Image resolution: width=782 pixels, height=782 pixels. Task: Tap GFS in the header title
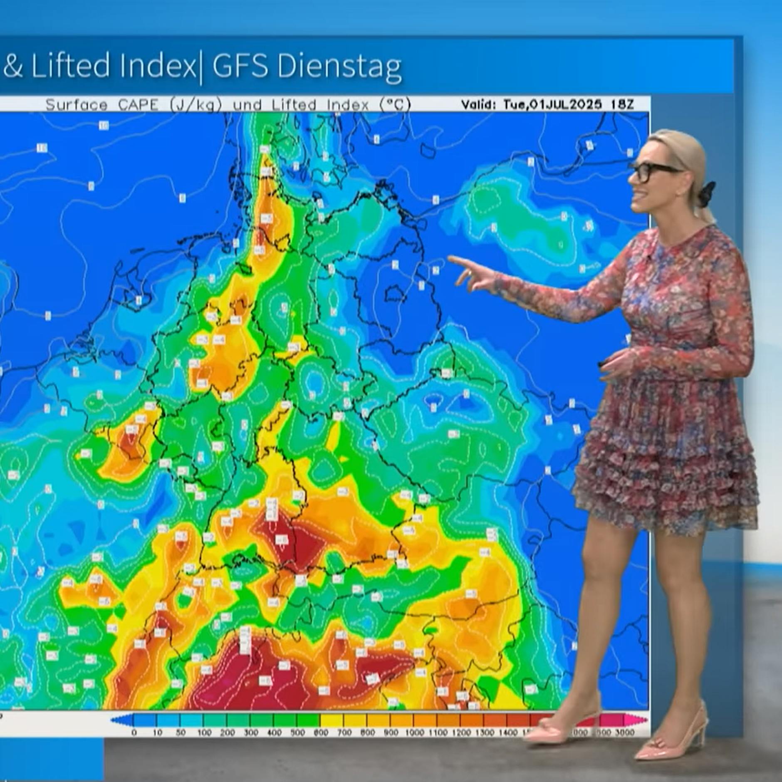point(240,66)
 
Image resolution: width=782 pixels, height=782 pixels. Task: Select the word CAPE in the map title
point(138,104)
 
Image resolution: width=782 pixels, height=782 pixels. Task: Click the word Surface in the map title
point(76,104)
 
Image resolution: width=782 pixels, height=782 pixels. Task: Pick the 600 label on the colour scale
point(321,733)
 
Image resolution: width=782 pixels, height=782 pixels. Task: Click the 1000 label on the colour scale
point(414,733)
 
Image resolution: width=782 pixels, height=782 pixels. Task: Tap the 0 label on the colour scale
point(134,733)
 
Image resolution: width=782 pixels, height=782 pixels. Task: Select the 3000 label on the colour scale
point(624,733)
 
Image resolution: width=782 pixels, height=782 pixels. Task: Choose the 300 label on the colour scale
point(251,733)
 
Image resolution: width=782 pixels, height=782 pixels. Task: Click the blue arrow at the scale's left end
point(116,720)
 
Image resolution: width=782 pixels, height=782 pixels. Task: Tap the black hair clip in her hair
point(706,194)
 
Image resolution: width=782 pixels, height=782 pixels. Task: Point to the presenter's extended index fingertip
point(450,259)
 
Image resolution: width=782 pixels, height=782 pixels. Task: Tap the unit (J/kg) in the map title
point(195,105)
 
